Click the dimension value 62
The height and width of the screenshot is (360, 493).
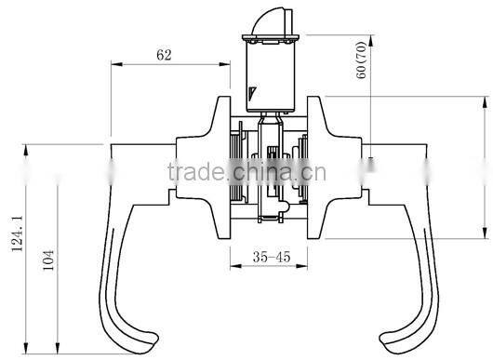click(164, 56)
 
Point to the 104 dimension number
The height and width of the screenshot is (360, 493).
click(48, 265)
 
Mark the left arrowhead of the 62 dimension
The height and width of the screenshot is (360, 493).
click(113, 65)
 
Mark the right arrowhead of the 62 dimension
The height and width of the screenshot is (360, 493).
click(226, 65)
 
